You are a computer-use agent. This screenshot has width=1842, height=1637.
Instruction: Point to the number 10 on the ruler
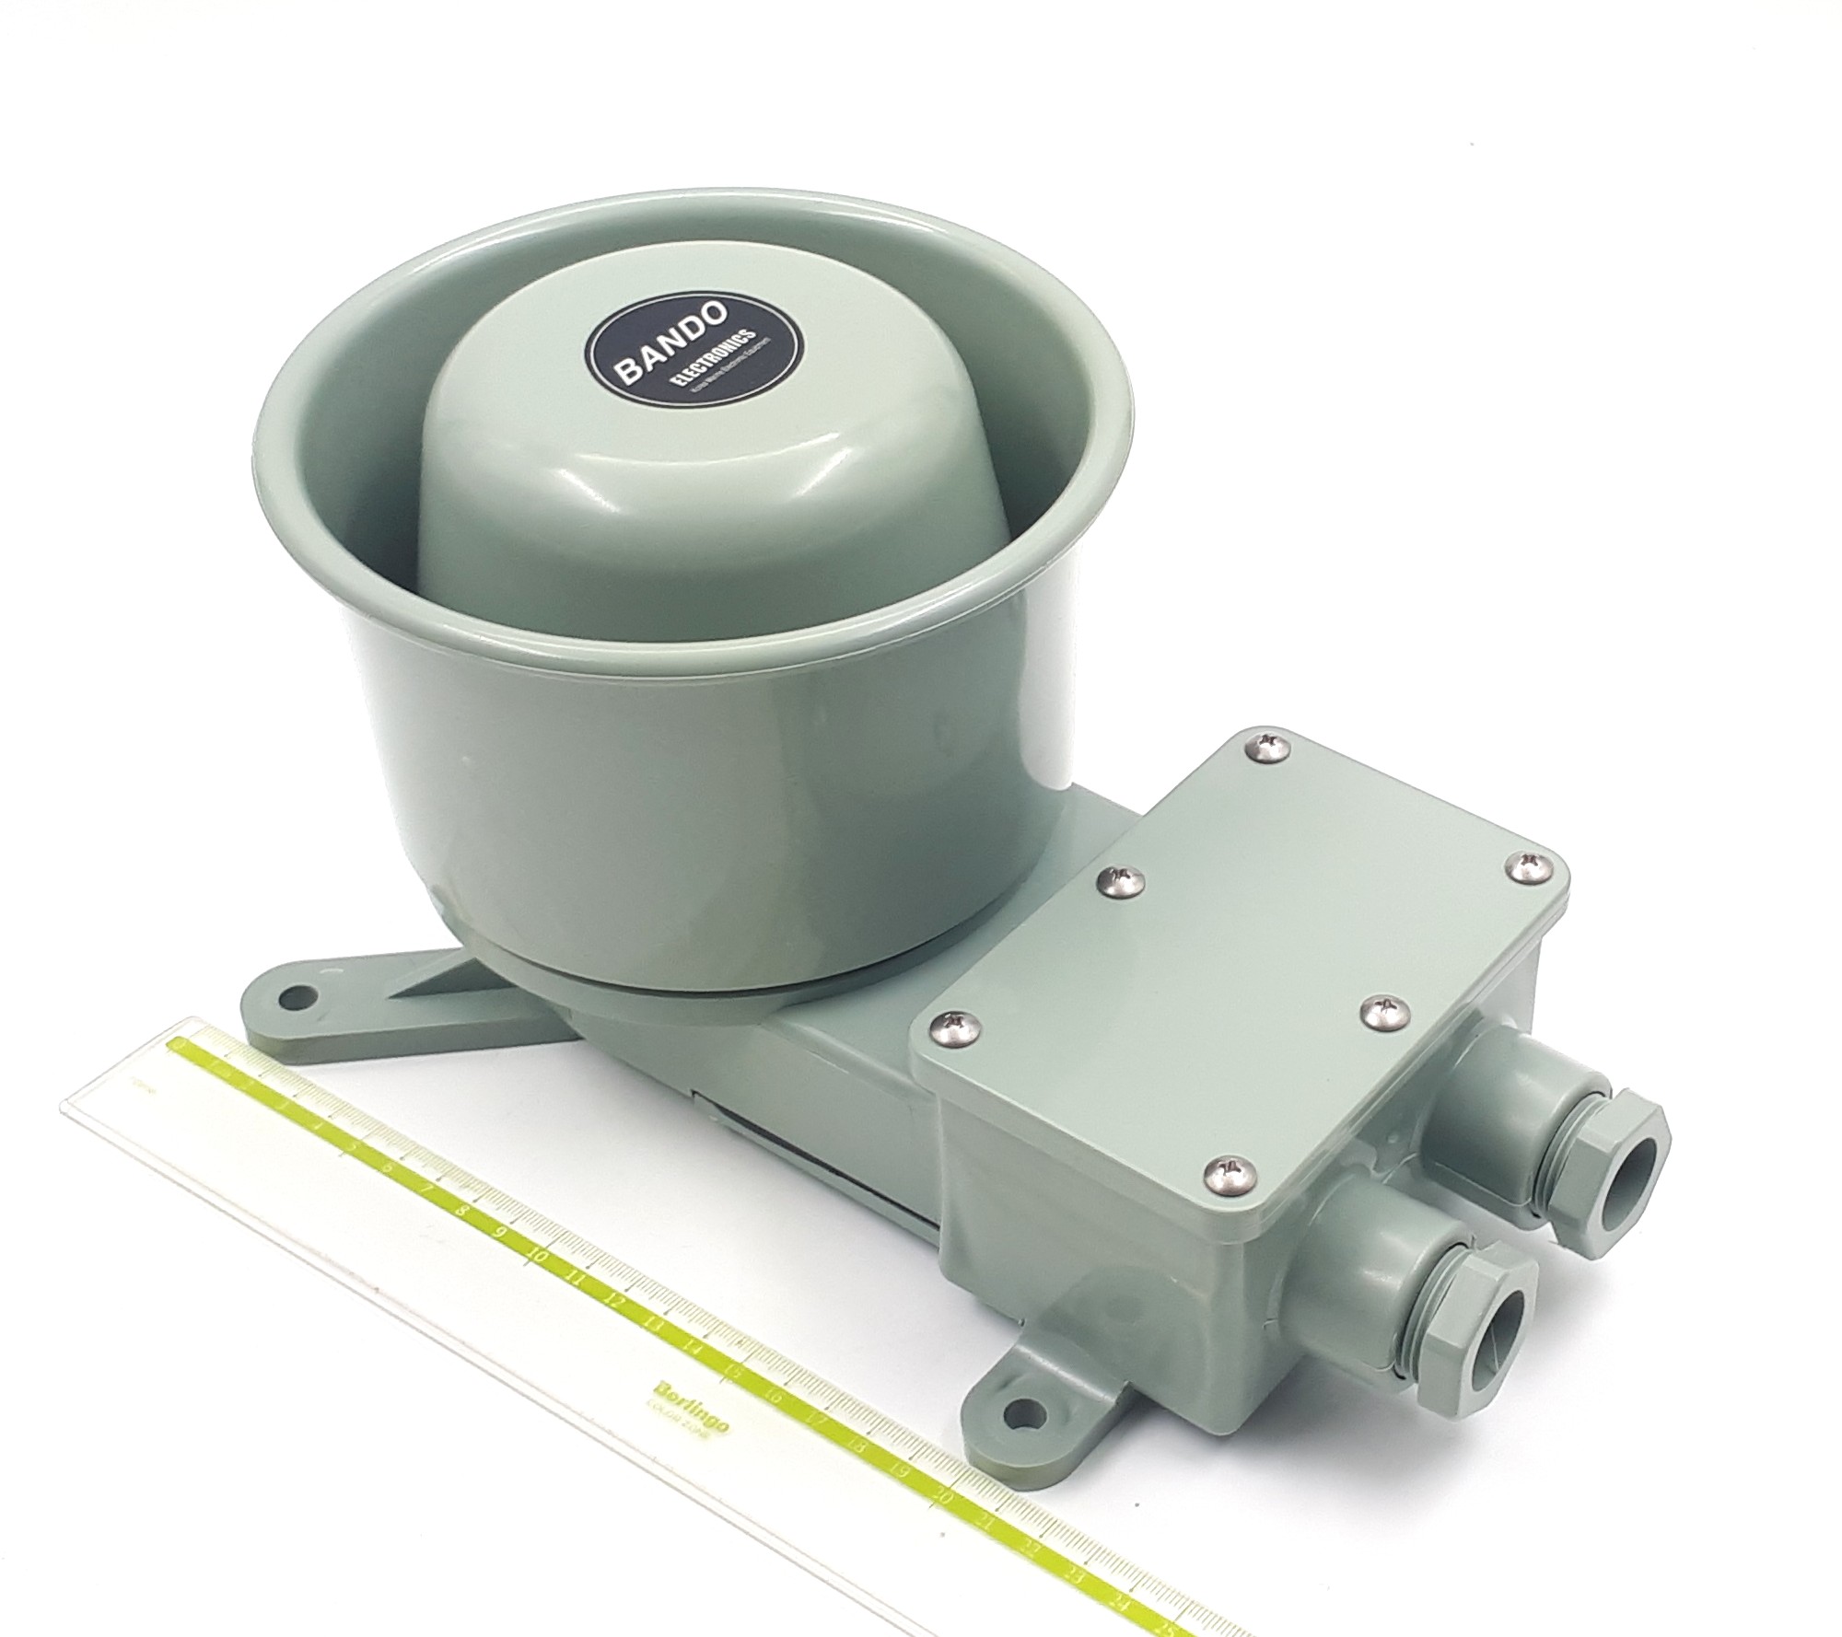(x=537, y=1258)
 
